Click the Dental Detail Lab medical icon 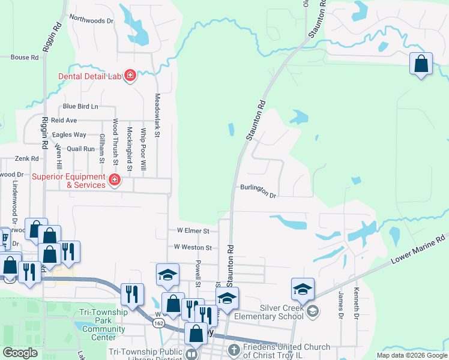click(x=130, y=76)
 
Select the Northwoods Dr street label click(x=91, y=20)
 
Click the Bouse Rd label click(x=25, y=58)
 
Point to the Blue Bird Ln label click(x=80, y=107)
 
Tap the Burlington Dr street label click(x=258, y=191)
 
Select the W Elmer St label click(x=192, y=230)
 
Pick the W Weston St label click(x=193, y=247)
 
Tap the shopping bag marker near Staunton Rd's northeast click(x=421, y=64)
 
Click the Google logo click(x=20, y=353)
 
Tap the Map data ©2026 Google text click(x=411, y=355)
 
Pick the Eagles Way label click(x=69, y=135)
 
